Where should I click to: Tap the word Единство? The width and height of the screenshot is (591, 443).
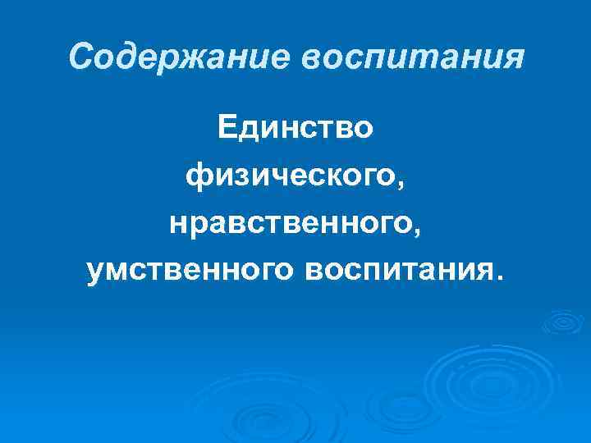tap(295, 128)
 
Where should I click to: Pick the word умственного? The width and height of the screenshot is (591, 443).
tap(190, 270)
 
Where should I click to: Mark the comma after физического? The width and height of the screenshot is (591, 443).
tap(400, 184)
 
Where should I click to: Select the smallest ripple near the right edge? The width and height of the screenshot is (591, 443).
tap(565, 324)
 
